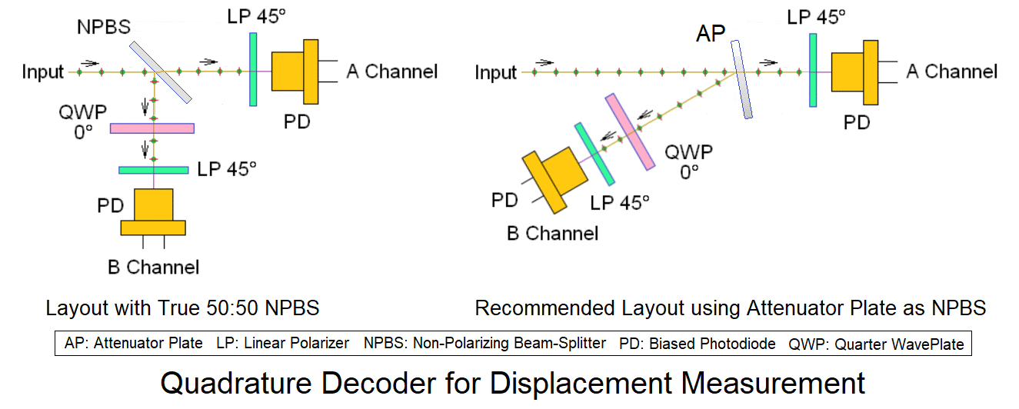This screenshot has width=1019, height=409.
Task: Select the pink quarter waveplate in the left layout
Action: [x=152, y=128]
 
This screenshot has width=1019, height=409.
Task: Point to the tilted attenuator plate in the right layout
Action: [x=740, y=80]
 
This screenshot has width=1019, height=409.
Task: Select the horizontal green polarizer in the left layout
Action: [x=154, y=170]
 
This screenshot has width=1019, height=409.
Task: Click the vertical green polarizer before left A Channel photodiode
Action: [x=253, y=69]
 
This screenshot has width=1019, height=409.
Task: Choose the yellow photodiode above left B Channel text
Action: [x=153, y=212]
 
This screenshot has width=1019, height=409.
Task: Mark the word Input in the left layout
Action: [x=43, y=73]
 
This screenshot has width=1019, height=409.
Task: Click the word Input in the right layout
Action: [x=495, y=73]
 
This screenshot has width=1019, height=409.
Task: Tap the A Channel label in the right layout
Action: [x=951, y=72]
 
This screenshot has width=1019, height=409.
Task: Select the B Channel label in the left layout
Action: [x=153, y=268]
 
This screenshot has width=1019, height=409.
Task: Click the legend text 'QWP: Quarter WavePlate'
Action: [x=875, y=344]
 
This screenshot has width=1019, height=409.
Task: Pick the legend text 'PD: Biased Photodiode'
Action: [x=697, y=344]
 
